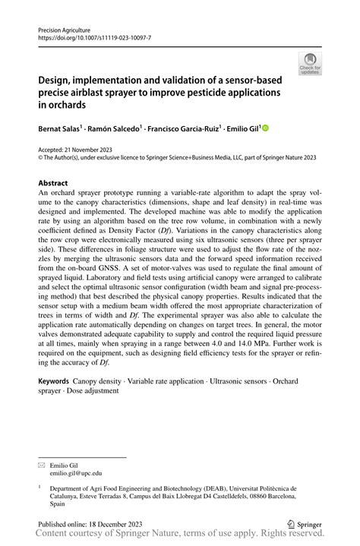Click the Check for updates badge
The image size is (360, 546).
310,64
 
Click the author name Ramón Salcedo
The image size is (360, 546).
112,129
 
